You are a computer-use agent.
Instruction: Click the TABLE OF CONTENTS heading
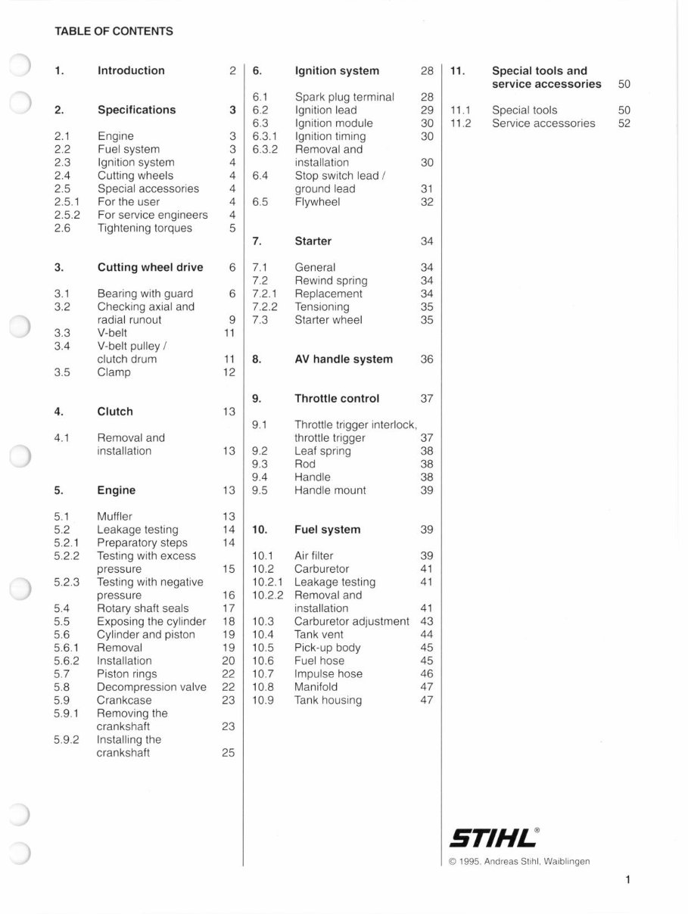coord(114,32)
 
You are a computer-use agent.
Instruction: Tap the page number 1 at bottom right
coord(628,879)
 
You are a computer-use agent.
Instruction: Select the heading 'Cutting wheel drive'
coord(150,267)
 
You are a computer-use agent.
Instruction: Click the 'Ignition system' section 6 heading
coord(337,70)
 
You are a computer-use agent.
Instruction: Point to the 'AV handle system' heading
coord(344,359)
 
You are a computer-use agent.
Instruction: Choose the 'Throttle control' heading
coord(337,399)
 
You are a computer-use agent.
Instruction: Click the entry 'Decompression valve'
coord(151,687)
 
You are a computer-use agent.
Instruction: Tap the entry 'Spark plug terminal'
coord(344,97)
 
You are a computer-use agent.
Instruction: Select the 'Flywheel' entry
coord(317,202)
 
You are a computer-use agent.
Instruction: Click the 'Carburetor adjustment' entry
coord(351,621)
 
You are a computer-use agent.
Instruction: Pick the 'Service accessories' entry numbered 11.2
coord(543,123)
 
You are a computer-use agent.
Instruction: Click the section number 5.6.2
coord(67,661)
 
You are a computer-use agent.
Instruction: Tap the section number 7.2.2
coord(265,307)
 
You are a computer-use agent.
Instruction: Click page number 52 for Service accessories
coord(624,123)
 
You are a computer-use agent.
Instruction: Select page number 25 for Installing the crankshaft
coord(229,753)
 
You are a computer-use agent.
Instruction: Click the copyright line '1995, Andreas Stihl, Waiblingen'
coord(519,861)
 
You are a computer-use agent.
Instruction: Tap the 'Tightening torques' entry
coord(145,228)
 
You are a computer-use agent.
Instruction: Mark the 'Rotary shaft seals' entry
coord(143,608)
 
